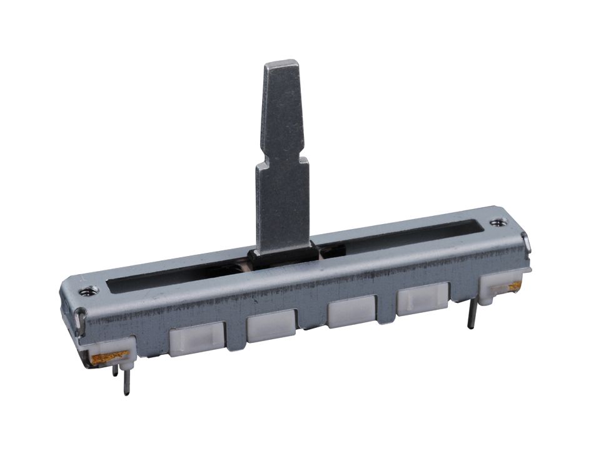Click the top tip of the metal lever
point(281,64)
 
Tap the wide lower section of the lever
point(283,200)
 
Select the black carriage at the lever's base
point(281,257)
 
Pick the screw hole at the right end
point(498,222)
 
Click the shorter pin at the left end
point(115,371)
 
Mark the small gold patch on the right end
point(515,286)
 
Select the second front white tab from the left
point(270,325)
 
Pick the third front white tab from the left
point(351,312)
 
